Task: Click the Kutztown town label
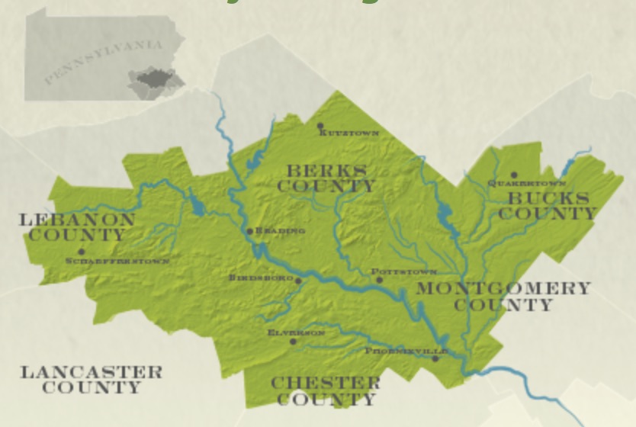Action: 350,133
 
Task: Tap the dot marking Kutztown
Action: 320,126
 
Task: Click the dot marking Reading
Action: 249,231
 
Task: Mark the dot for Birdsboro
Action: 298,281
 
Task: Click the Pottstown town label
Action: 404,271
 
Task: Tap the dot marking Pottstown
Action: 379,280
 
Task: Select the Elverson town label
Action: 296,333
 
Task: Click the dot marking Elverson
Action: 293,342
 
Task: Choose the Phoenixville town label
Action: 405,351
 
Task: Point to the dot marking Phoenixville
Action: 435,358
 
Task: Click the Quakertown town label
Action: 527,184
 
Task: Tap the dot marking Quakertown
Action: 514,175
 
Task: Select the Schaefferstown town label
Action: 117,261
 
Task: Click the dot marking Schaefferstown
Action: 81,252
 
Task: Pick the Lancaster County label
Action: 92,380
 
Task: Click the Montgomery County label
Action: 503,297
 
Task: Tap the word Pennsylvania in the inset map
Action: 103,62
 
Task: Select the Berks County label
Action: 326,178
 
